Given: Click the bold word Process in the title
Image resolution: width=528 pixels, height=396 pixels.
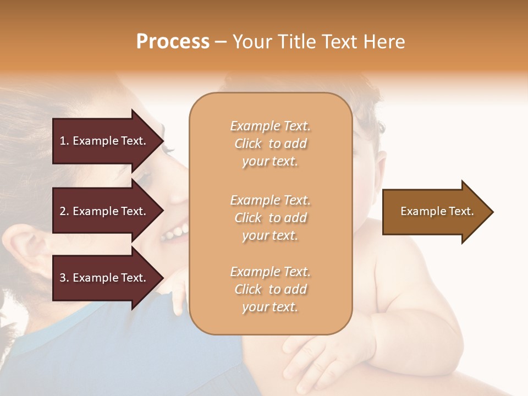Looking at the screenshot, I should click(x=173, y=42).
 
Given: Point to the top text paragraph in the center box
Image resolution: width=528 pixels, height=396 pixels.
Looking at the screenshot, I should click(x=270, y=144).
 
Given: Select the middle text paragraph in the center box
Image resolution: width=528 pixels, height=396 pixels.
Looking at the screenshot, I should click(x=270, y=218).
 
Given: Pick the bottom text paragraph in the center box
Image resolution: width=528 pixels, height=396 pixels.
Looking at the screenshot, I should click(x=270, y=289).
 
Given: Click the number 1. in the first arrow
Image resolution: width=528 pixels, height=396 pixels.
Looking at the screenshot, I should click(x=64, y=141).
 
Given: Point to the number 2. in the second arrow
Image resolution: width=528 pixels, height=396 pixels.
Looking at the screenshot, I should click(x=64, y=211).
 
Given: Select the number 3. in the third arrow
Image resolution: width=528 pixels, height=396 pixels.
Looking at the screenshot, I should click(x=64, y=278).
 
